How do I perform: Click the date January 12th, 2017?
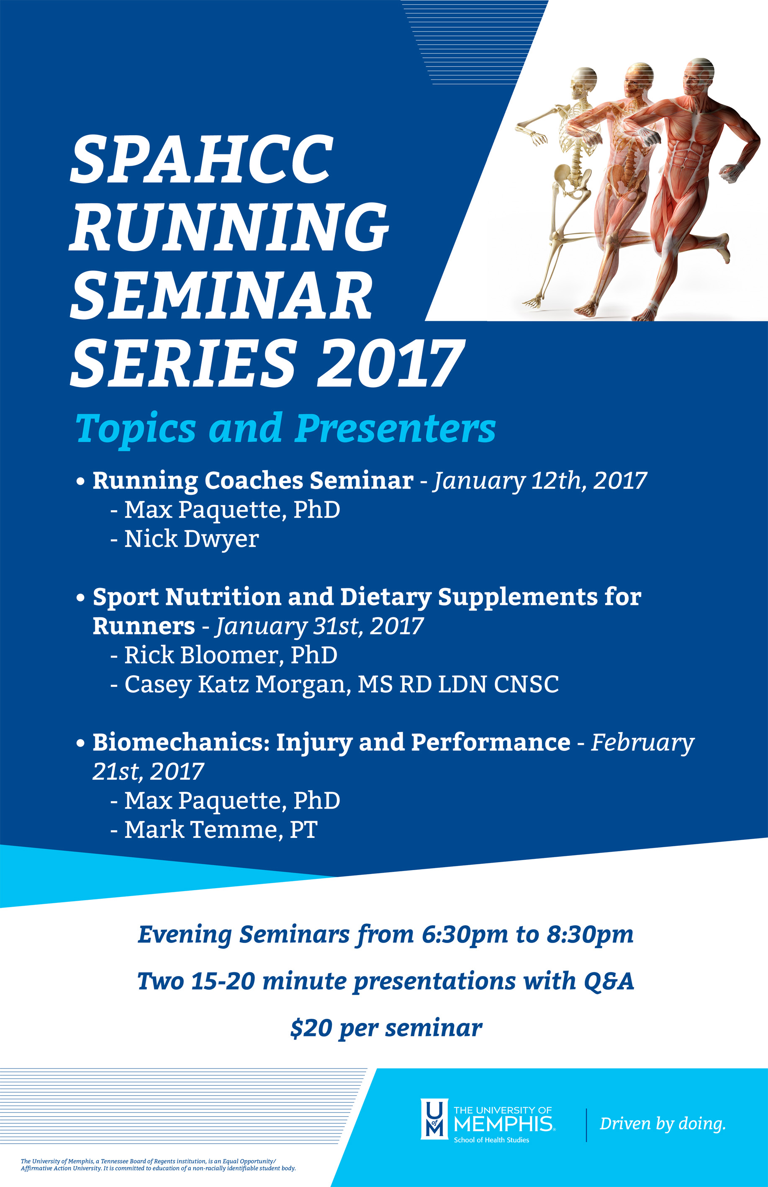(x=540, y=481)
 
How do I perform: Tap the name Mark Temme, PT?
(x=221, y=830)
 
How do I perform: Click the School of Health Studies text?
(x=491, y=1140)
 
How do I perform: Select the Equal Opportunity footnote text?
(x=158, y=1164)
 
